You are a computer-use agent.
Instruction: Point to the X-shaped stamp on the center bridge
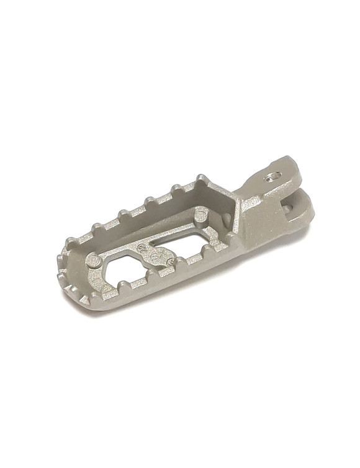[x=157, y=253]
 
